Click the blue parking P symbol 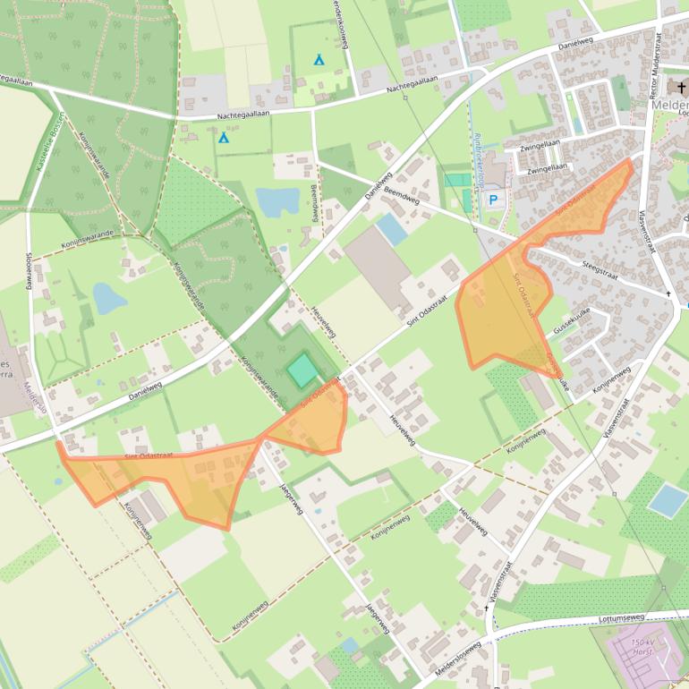pyautogui.click(x=492, y=200)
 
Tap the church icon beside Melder pyautogui.click(x=682, y=87)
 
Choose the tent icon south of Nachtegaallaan pyautogui.click(x=224, y=138)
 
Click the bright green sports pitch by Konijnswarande pyautogui.click(x=302, y=369)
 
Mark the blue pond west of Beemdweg pyautogui.click(x=277, y=201)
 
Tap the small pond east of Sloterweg pyautogui.click(x=108, y=298)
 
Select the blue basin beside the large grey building pyautogui.click(x=391, y=230)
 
